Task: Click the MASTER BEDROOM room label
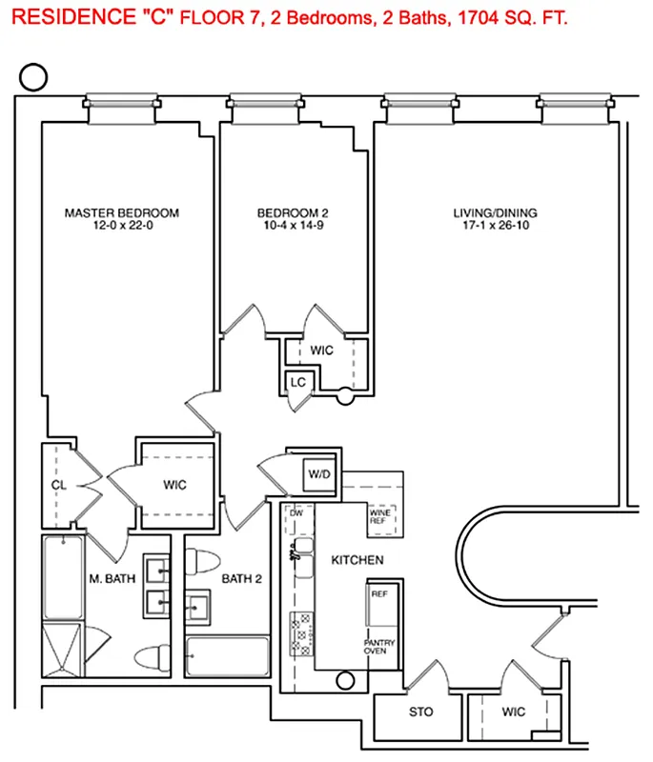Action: [x=121, y=212]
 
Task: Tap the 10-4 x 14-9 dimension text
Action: [x=298, y=227]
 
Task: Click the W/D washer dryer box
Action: [x=316, y=473]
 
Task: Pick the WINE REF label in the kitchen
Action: [x=380, y=518]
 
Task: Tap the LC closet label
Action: [x=298, y=383]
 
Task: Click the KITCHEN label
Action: [x=357, y=560]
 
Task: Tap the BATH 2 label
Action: [x=243, y=578]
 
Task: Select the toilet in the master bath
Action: [x=150, y=657]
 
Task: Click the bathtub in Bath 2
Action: [x=227, y=655]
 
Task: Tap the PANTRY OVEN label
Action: [x=379, y=649]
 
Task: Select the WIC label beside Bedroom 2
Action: [x=322, y=351]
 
